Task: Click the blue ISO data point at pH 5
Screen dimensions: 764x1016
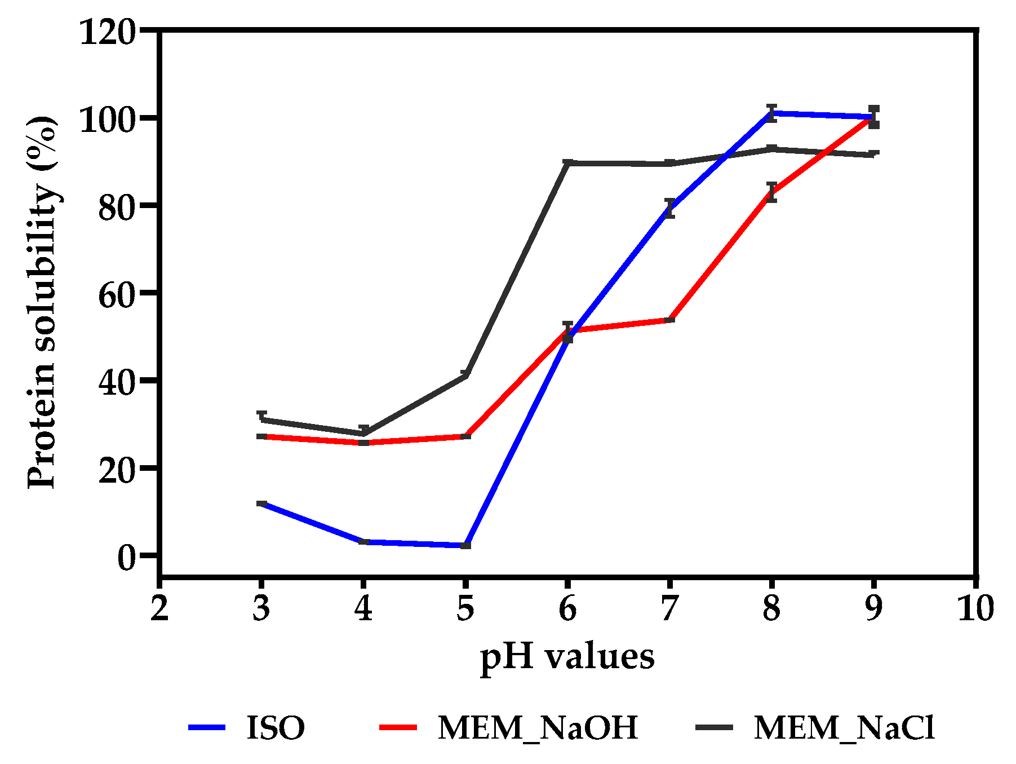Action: [x=465, y=545]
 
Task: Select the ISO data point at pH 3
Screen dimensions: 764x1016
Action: [x=261, y=503]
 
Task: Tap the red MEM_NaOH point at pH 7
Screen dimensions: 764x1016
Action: [x=669, y=320]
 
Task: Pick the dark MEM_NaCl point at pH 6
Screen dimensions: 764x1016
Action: [x=567, y=163]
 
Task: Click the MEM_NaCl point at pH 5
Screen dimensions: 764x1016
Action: [x=465, y=375]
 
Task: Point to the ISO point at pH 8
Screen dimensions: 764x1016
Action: [x=771, y=113]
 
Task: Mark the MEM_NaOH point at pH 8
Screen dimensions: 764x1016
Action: [x=771, y=193]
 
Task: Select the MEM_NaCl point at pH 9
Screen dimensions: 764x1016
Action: [x=873, y=154]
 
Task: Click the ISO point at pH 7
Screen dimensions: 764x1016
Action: [x=669, y=208]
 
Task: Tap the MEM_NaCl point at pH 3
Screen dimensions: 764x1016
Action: [x=261, y=419]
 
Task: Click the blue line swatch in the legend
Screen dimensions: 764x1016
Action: [x=207, y=727]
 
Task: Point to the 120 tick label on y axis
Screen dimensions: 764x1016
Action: [x=108, y=32]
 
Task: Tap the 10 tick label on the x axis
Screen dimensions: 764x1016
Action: [x=975, y=609]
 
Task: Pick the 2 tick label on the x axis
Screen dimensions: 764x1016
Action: [x=159, y=609]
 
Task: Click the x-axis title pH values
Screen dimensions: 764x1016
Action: [x=567, y=657]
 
